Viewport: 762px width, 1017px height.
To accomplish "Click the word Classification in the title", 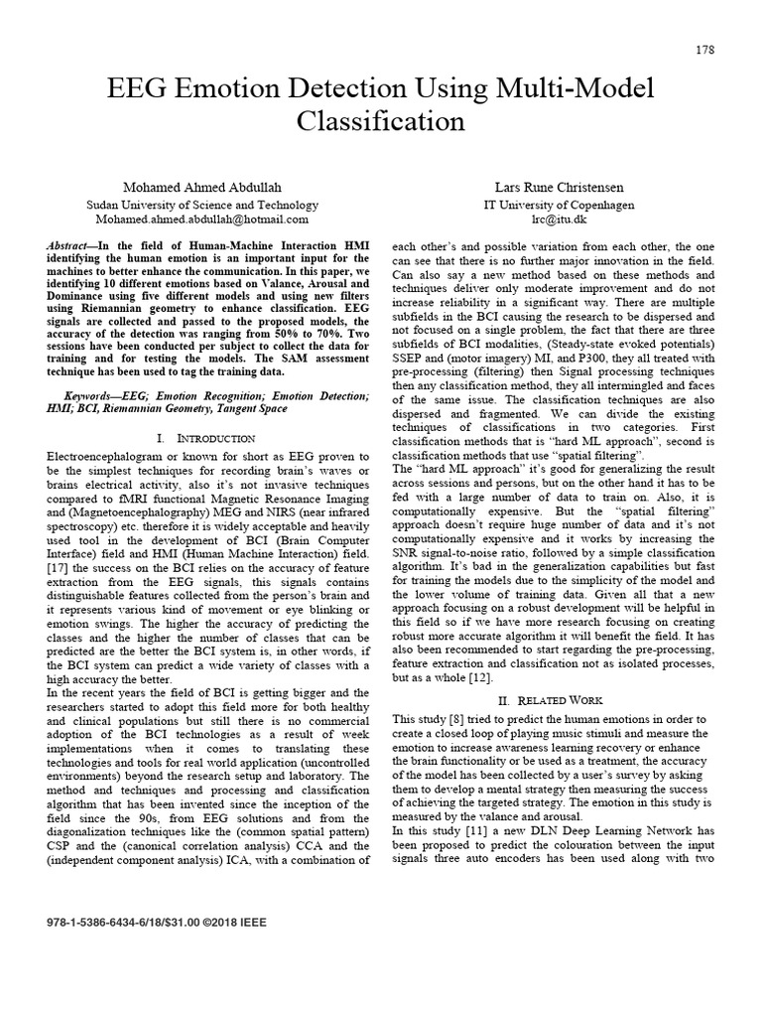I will [381, 121].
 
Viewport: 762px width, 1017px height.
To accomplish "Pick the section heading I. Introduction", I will [206, 438].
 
